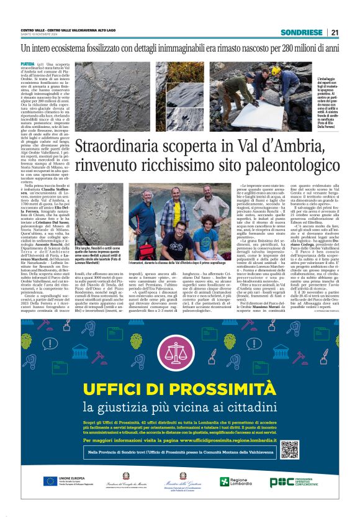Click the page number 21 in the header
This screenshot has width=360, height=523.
point(335,32)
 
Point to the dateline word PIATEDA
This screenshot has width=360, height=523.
point(27,64)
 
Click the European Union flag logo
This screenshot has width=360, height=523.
point(50,481)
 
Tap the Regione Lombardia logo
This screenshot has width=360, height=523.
point(239,482)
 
